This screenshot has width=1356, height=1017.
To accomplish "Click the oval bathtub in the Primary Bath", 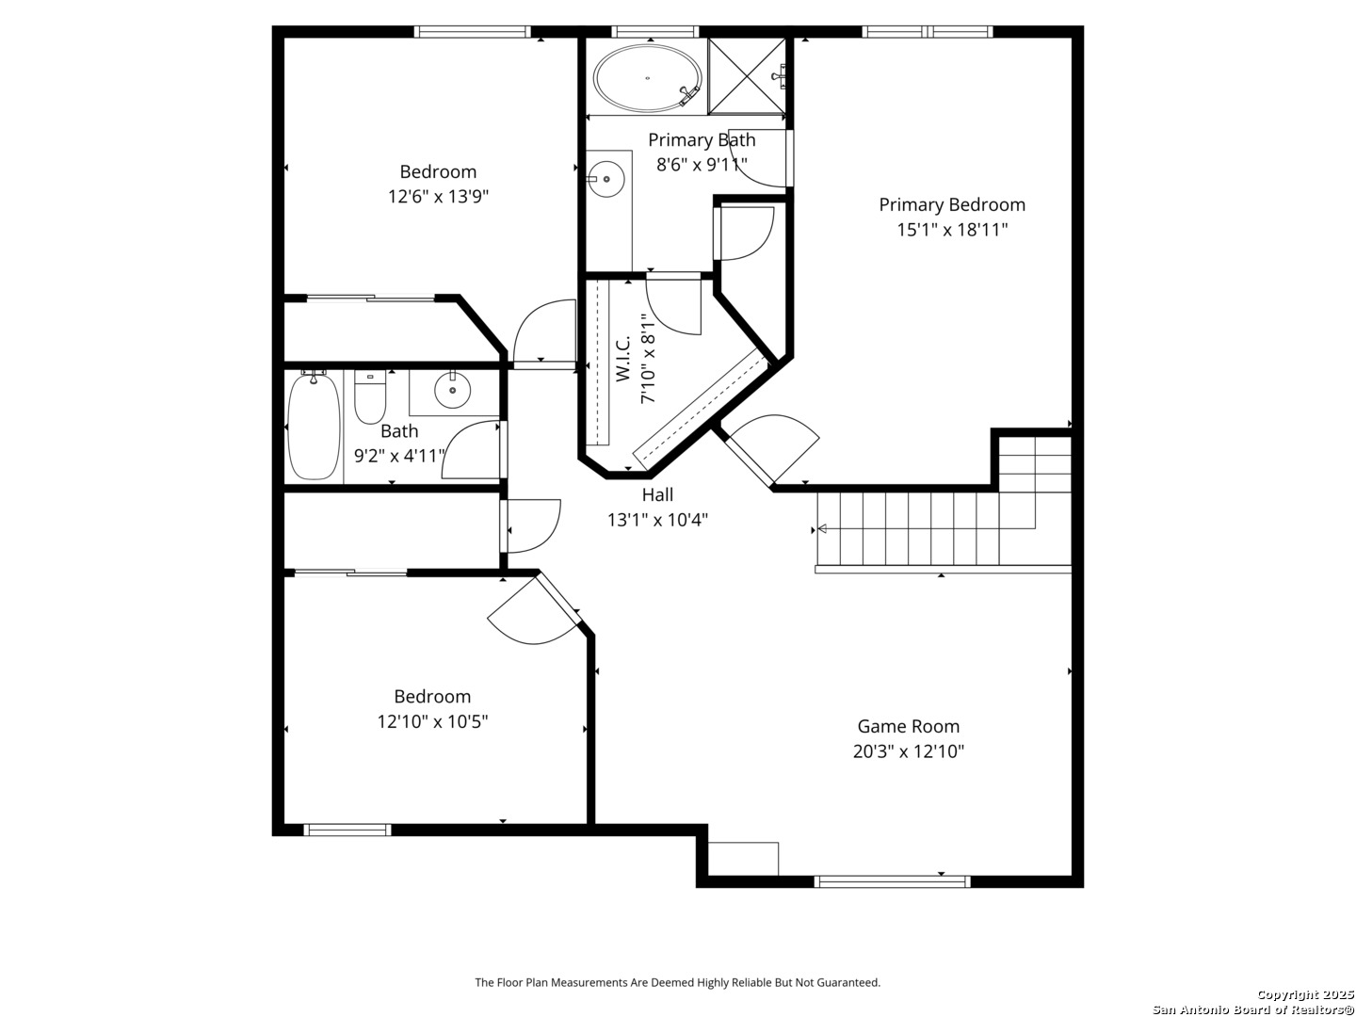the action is click(x=648, y=78).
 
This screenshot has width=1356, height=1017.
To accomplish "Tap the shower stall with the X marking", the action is click(x=747, y=76).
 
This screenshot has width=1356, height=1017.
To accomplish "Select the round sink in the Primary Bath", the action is click(x=605, y=179).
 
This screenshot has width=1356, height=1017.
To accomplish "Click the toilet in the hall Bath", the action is click(x=369, y=396).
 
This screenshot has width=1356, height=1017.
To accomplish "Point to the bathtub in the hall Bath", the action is click(x=314, y=425).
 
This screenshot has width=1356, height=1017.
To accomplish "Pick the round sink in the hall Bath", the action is click(x=452, y=390).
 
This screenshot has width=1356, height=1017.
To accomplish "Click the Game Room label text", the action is click(x=908, y=726).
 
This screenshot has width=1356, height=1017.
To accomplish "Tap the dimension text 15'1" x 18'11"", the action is click(x=952, y=230).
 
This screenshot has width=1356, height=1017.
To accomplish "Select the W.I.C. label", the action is click(x=622, y=359).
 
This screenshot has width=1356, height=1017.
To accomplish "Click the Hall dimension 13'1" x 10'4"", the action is click(x=657, y=520).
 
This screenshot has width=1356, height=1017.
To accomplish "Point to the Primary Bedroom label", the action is click(x=952, y=204).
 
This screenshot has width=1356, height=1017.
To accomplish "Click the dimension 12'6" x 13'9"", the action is click(x=438, y=197).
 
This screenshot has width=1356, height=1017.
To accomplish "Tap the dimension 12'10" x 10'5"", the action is click(x=432, y=721).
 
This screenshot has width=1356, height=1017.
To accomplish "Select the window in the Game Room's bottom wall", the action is click(x=892, y=881).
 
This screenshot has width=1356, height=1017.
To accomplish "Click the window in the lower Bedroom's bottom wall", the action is click(x=347, y=830).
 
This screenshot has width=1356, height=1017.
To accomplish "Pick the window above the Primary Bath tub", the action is click(x=654, y=31).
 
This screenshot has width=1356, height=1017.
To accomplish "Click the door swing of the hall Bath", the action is click(x=472, y=449).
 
